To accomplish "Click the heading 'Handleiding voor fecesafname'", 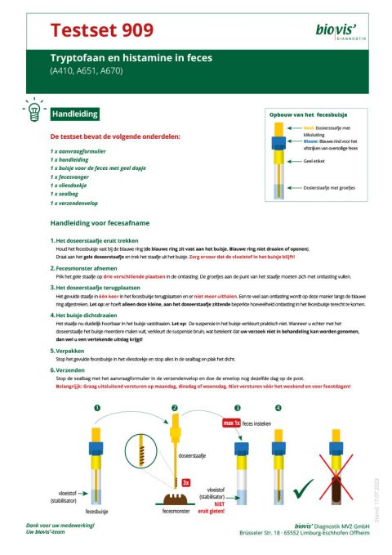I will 101,222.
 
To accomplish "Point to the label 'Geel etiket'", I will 316,162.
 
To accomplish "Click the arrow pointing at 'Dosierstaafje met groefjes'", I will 290,188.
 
